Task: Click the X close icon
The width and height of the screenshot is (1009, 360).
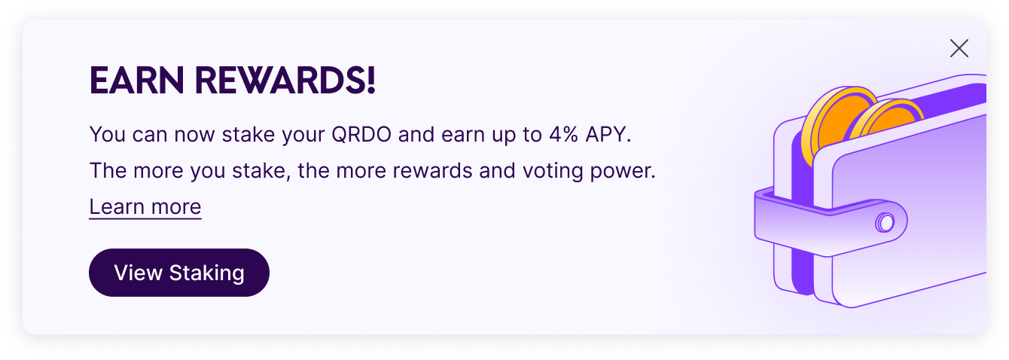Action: (959, 49)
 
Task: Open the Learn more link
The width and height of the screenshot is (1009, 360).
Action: (145, 206)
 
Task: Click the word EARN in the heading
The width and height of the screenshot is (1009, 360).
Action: (136, 81)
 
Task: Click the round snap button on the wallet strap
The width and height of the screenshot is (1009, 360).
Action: (885, 222)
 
